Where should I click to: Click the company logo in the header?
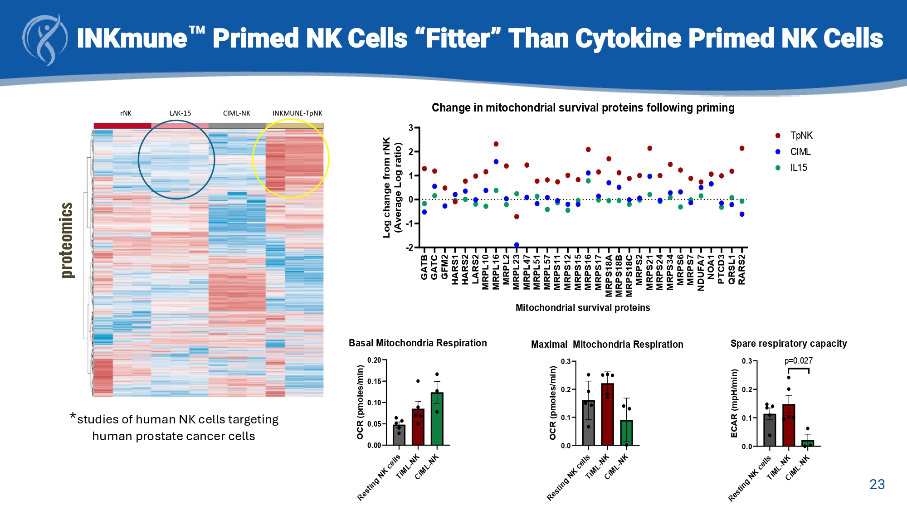45,40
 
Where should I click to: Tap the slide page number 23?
877,485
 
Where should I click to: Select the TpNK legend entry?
801,136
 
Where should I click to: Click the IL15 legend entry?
798,168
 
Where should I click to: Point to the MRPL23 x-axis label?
517,272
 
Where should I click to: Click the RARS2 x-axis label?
742,270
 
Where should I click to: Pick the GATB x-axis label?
424,267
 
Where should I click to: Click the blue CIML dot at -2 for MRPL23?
517,245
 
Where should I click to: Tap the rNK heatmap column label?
126,113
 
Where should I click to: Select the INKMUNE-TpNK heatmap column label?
297,113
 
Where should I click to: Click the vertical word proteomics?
67,240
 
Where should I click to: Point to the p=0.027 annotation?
799,361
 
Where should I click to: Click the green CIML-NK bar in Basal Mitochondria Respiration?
437,419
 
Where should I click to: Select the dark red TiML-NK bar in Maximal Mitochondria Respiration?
607,414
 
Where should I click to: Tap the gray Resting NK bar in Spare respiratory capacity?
770,430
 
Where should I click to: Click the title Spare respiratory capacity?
789,344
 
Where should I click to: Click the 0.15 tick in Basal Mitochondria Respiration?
374,381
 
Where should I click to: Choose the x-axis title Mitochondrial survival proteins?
583,308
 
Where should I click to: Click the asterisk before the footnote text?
73,416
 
